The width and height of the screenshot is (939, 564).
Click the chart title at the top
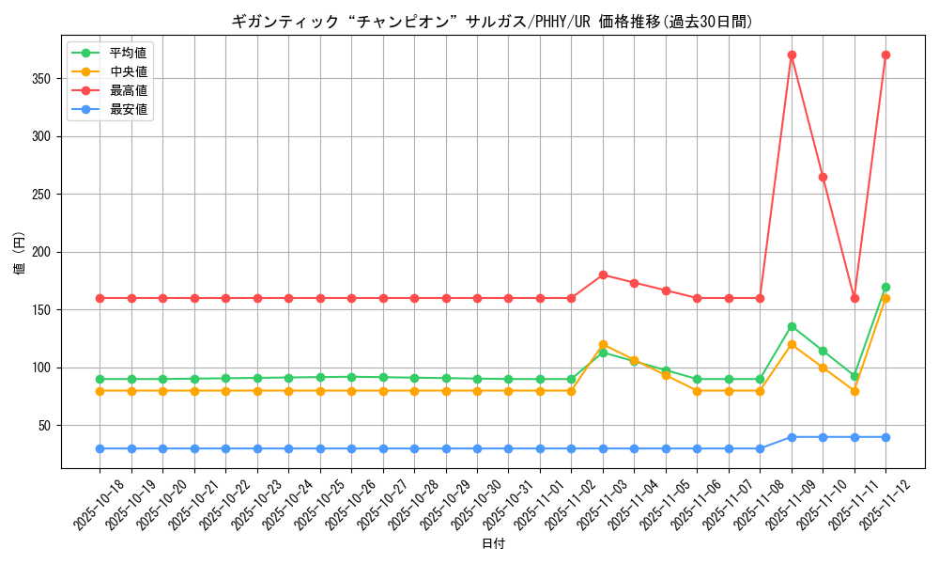[492, 22]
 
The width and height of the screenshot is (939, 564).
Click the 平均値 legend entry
[128, 53]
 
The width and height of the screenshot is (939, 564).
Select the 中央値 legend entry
[128, 71]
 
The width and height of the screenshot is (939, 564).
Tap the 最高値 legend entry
[128, 90]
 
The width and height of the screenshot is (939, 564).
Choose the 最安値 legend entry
[128, 109]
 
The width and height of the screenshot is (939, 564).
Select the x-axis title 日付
[493, 544]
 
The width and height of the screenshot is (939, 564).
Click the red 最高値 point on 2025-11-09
[792, 55]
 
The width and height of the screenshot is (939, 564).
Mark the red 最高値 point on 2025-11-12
[885, 55]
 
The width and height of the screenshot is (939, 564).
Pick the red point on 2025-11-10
[823, 177]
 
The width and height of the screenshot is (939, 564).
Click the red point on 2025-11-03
[603, 274]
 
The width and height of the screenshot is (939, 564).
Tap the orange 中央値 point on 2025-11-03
[603, 344]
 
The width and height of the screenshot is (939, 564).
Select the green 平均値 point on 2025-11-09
[792, 326]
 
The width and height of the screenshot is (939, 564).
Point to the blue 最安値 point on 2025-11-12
[885, 437]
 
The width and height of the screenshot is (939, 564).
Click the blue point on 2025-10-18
[100, 448]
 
